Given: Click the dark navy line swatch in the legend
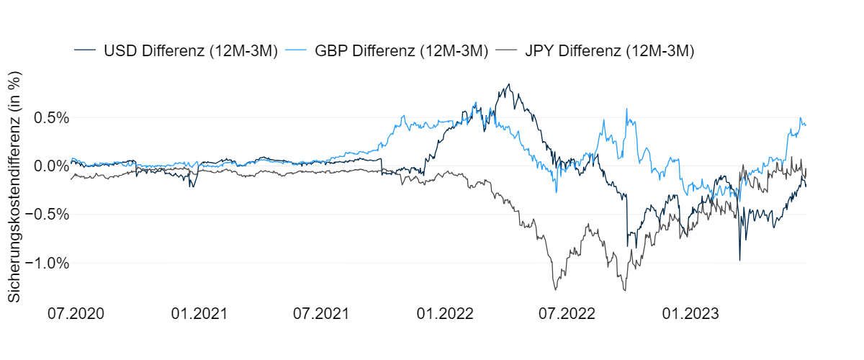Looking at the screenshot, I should [85, 50].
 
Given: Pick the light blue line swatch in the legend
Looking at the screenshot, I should [297, 50].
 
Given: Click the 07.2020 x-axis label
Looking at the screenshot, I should [76, 314].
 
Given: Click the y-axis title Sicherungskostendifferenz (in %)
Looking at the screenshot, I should [14, 186].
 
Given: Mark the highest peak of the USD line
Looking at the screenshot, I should [509, 84].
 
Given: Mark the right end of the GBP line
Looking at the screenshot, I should [806, 125].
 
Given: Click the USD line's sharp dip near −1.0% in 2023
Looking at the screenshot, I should [739, 260].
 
